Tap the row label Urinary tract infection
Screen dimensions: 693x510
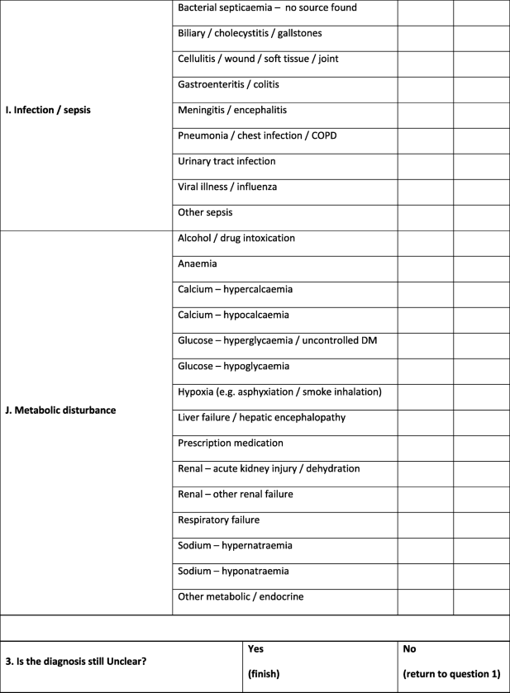[x=226, y=161]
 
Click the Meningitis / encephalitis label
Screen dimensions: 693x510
[x=232, y=110]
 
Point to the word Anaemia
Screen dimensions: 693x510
[x=197, y=263]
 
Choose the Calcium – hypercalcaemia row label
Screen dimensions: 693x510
[x=235, y=289]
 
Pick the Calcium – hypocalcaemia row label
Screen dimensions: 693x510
[x=234, y=315]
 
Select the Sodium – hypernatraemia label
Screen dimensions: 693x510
[x=235, y=545]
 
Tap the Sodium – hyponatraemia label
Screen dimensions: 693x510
[x=233, y=571]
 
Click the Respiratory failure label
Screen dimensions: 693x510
[x=218, y=520]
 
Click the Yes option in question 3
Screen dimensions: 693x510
[x=255, y=649]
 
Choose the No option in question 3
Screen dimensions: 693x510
[x=409, y=649]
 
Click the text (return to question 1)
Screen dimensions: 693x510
[x=451, y=674]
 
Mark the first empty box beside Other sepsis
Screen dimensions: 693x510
[x=425, y=212]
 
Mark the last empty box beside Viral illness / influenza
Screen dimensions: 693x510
[x=481, y=187]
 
